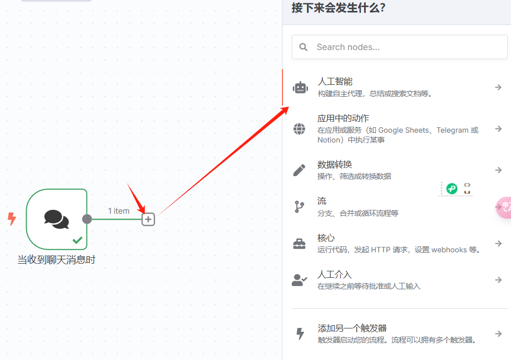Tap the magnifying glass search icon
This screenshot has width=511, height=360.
click(x=304, y=47)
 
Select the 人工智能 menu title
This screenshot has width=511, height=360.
click(x=335, y=82)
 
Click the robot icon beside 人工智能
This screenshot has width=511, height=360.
click(x=300, y=87)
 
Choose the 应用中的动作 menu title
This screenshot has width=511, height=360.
click(x=343, y=118)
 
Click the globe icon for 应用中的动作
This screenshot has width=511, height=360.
click(x=299, y=129)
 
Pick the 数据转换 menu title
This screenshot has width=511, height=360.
click(x=335, y=164)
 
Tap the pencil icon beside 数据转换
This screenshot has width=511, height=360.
click(x=299, y=170)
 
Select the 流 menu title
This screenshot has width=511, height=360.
click(x=322, y=201)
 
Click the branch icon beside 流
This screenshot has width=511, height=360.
click(x=299, y=207)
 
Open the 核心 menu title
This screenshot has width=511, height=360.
click(x=326, y=238)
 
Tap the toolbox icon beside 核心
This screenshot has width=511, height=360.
click(x=299, y=244)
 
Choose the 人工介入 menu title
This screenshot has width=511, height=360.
click(x=335, y=275)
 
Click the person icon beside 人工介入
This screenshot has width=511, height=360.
click(x=299, y=280)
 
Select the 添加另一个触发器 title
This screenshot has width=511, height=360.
click(x=352, y=328)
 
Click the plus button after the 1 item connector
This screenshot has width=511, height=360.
click(x=148, y=219)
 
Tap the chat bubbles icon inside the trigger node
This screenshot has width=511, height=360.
click(x=57, y=219)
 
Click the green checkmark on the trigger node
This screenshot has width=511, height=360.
click(x=78, y=239)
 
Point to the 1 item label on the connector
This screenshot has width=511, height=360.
click(x=119, y=210)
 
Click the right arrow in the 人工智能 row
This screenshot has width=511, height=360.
click(x=498, y=87)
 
